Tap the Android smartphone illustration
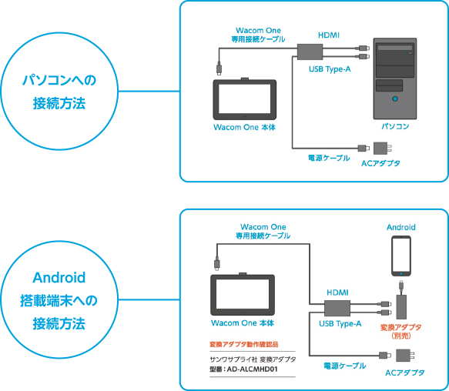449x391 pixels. point(400,256)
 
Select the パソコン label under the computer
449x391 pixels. point(395,125)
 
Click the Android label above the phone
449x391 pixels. point(400,227)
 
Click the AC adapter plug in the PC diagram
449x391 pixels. point(382,147)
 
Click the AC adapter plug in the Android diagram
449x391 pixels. point(404,355)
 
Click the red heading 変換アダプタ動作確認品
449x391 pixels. point(243,344)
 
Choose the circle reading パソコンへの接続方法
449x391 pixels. point(59,91)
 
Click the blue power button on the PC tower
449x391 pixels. point(395,99)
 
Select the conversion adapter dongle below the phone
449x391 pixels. point(400,304)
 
